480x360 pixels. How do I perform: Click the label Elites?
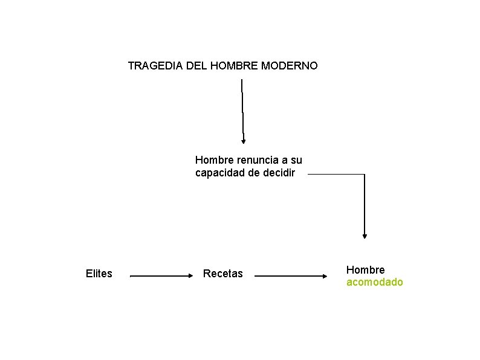point(99,274)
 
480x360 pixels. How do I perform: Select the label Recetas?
point(223,274)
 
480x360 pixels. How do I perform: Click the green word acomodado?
point(374,282)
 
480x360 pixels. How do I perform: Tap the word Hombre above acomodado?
point(365,269)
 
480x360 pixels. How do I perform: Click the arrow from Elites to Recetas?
point(160,276)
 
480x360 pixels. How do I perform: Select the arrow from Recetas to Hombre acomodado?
point(290,276)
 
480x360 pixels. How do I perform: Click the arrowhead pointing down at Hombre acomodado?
point(365,236)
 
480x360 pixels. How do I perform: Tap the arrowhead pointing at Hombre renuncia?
point(244,141)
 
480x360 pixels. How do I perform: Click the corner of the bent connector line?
point(365,175)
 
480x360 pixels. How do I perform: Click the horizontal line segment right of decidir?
point(336,175)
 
